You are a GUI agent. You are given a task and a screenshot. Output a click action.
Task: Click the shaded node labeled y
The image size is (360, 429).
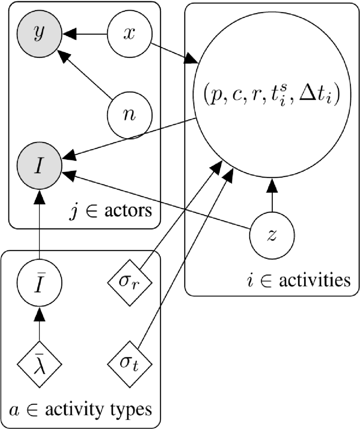[x=39, y=34]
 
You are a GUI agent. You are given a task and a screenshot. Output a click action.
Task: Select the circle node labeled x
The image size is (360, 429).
[x=129, y=34]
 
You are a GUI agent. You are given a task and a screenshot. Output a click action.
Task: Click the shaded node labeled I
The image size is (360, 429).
[x=39, y=166]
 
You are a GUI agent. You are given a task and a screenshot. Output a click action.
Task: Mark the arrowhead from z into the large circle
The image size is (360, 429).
[x=272, y=186]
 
